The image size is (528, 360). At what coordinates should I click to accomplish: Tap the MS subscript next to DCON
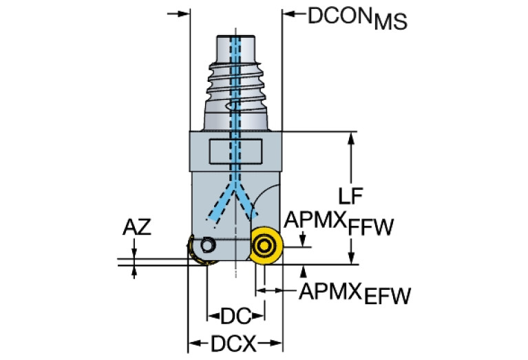click(x=390, y=23)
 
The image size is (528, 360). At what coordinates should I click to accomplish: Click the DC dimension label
click(x=235, y=317)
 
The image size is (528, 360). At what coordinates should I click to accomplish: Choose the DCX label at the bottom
click(x=235, y=342)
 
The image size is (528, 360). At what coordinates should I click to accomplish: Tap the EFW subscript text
click(x=386, y=297)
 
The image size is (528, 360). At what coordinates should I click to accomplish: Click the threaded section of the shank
click(x=235, y=86)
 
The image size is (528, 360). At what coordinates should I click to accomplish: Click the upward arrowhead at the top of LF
click(x=352, y=136)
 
